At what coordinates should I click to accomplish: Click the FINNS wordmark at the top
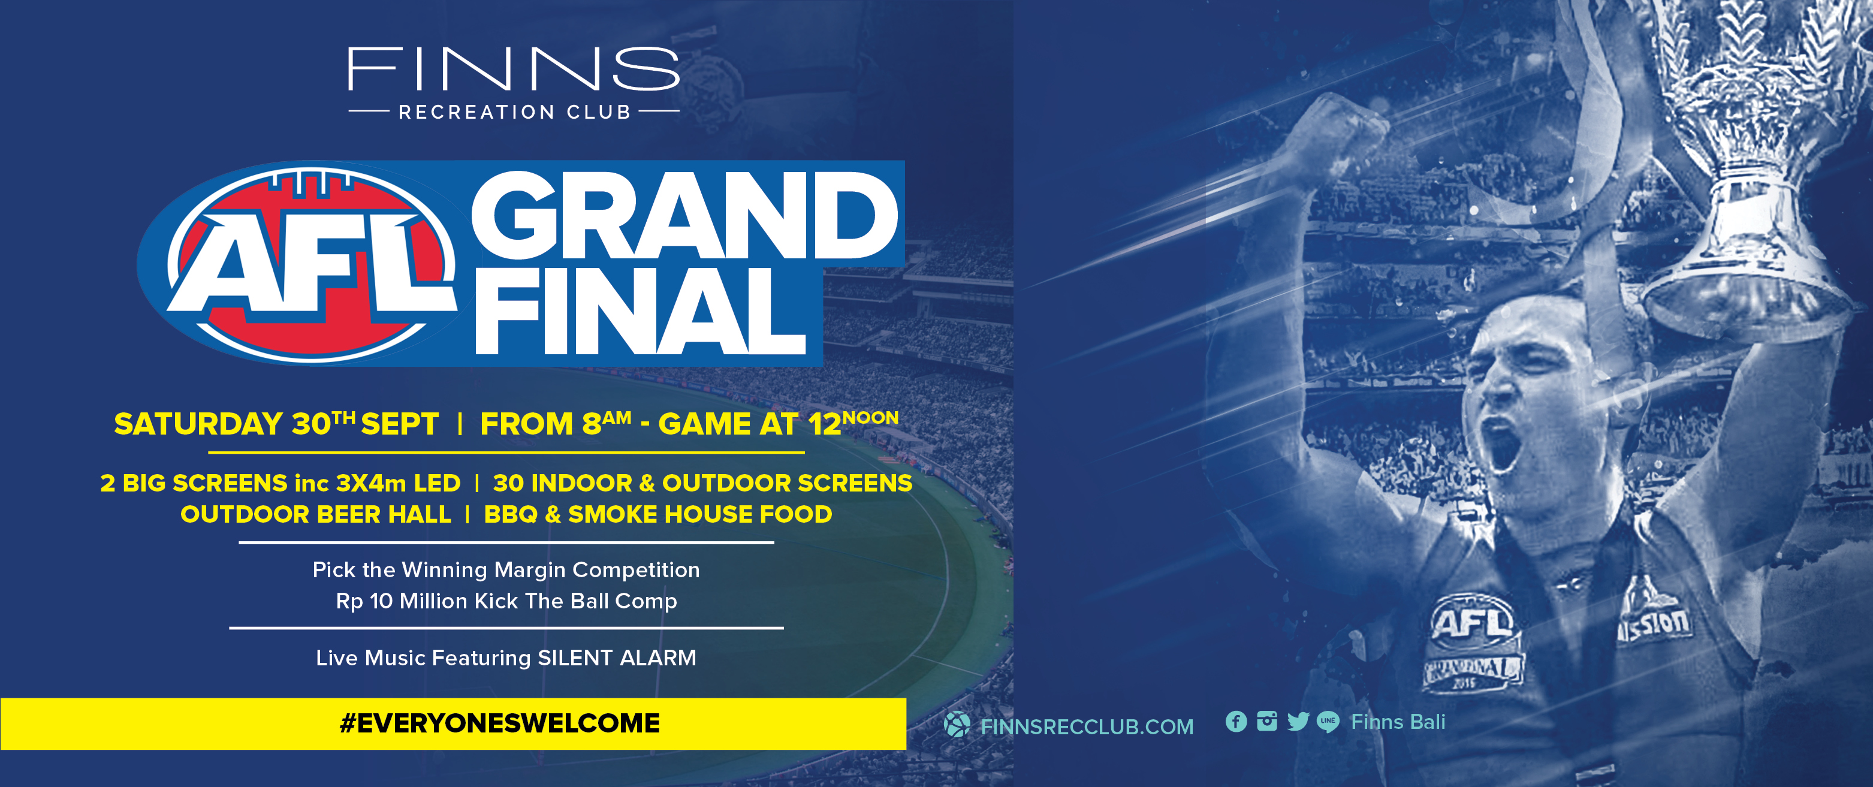point(513,69)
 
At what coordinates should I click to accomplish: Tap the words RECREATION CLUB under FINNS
point(514,112)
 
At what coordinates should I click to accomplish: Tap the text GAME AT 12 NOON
point(778,423)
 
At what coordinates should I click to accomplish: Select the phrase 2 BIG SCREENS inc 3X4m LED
point(281,483)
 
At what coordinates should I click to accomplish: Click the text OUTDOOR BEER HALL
point(315,514)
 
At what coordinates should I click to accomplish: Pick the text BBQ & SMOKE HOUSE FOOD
point(658,514)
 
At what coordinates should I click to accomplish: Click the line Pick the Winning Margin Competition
point(506,569)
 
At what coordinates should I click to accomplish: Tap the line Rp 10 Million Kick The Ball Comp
point(506,601)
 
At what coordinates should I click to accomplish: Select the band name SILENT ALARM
point(617,658)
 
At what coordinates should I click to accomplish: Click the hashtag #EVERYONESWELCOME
point(499,723)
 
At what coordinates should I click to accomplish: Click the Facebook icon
point(1236,722)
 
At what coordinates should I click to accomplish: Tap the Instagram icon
point(1266,722)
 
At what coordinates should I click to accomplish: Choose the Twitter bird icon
point(1298,722)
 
